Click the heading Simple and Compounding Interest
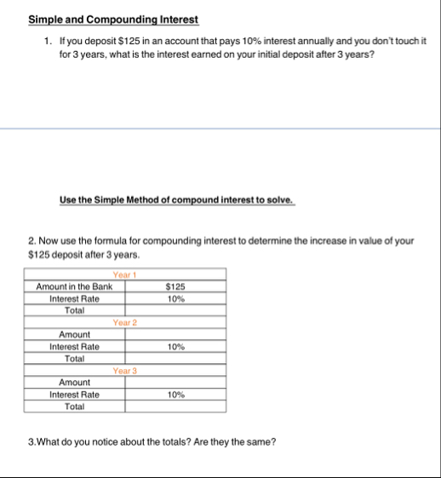[x=113, y=20]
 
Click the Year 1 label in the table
[x=125, y=275]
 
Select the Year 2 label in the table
[x=125, y=323]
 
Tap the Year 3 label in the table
[x=125, y=371]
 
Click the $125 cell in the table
[x=175, y=287]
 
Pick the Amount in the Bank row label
[x=74, y=287]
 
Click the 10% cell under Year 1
[x=175, y=299]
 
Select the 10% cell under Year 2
[x=175, y=347]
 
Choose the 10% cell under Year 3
[x=175, y=395]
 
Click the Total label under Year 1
[x=74, y=311]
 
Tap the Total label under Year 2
[x=74, y=359]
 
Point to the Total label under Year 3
[x=74, y=407]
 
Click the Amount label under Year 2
[x=74, y=335]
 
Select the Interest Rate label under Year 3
[x=74, y=395]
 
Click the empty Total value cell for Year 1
[x=175, y=311]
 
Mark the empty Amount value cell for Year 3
[x=175, y=383]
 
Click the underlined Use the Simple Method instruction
[x=177, y=201]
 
